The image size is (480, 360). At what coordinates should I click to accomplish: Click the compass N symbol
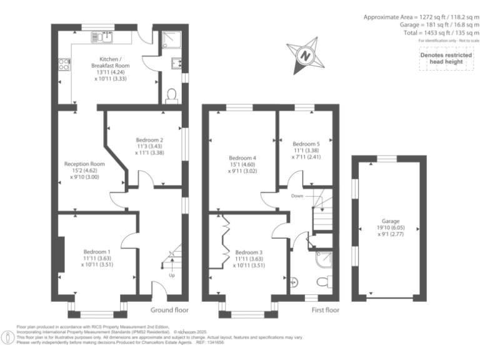coord(306,55)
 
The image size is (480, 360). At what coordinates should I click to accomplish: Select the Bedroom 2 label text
coord(149,145)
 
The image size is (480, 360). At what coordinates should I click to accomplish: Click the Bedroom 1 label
coord(95,257)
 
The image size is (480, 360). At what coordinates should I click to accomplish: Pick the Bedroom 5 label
coord(306,146)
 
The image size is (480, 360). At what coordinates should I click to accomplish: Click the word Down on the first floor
coord(297,196)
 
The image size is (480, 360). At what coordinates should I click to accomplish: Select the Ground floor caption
coord(169,310)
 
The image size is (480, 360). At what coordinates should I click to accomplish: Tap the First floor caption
coord(325,310)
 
